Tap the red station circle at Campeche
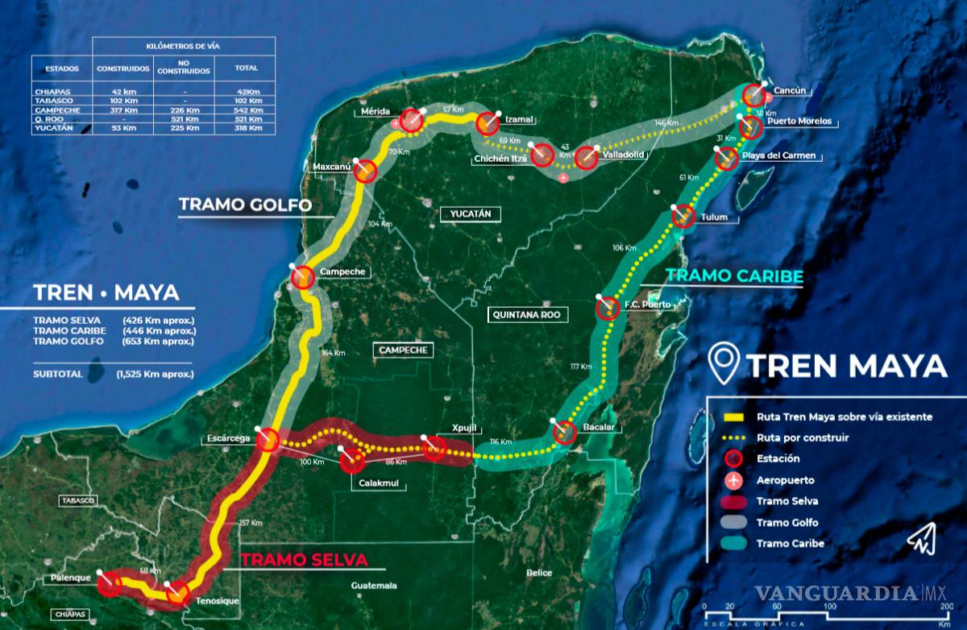(303, 277)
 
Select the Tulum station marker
(683, 216)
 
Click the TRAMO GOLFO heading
(245, 205)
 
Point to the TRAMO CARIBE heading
(734, 276)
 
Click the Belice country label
(539, 573)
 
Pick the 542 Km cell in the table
(247, 110)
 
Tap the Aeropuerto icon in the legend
(733, 480)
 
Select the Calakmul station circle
(352, 461)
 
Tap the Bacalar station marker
(564, 433)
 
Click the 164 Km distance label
(333, 353)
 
